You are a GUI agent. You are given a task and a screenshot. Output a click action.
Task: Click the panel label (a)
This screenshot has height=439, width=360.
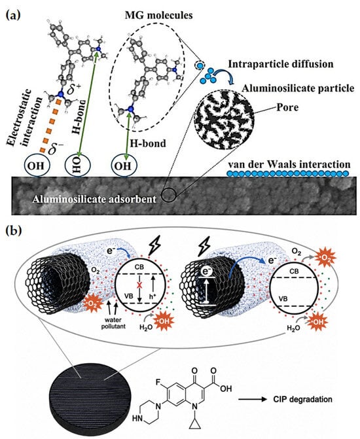click(13, 15)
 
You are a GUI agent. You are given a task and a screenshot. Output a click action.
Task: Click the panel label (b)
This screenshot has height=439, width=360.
click(14, 231)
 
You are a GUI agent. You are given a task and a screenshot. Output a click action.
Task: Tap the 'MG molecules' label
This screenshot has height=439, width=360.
click(159, 15)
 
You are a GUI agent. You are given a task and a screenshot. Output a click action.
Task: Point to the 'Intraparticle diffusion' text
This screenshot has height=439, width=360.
click(281, 64)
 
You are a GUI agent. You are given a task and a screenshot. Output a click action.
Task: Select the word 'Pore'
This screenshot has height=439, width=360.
click(287, 107)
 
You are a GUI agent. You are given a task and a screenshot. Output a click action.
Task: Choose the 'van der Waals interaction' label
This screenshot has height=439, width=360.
click(289, 164)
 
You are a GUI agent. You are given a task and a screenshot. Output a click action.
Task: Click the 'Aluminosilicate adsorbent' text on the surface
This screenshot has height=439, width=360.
click(94, 200)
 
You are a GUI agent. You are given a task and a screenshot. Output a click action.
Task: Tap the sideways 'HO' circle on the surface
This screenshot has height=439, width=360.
click(78, 166)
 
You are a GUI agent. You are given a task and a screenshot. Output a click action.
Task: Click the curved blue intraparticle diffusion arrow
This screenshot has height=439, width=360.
click(226, 74)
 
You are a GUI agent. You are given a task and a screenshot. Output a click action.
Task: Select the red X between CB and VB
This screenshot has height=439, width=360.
click(139, 285)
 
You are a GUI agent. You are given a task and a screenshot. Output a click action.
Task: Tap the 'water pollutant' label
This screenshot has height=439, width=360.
click(113, 323)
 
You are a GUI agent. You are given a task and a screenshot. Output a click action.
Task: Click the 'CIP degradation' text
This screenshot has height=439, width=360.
click(302, 399)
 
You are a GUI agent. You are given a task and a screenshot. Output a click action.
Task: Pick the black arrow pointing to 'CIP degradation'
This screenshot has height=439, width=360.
click(253, 399)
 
